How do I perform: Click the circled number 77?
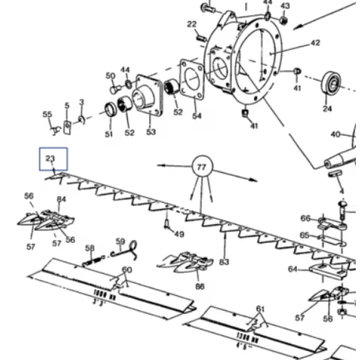click(x=202, y=167)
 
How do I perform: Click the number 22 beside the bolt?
click(x=192, y=24)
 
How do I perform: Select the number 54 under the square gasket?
click(x=197, y=116)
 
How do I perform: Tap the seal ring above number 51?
click(x=110, y=111)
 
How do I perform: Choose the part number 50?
click(x=110, y=76)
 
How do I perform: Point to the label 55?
click(x=47, y=114)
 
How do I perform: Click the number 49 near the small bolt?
click(x=179, y=234)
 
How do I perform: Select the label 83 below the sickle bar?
click(x=224, y=262)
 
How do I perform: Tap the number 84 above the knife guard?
click(x=61, y=199)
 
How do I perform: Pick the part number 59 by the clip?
click(x=120, y=242)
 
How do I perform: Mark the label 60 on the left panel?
click(x=127, y=270)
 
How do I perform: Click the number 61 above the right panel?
click(x=260, y=309)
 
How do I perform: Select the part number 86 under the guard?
click(x=200, y=287)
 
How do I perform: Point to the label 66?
click(x=305, y=218)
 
